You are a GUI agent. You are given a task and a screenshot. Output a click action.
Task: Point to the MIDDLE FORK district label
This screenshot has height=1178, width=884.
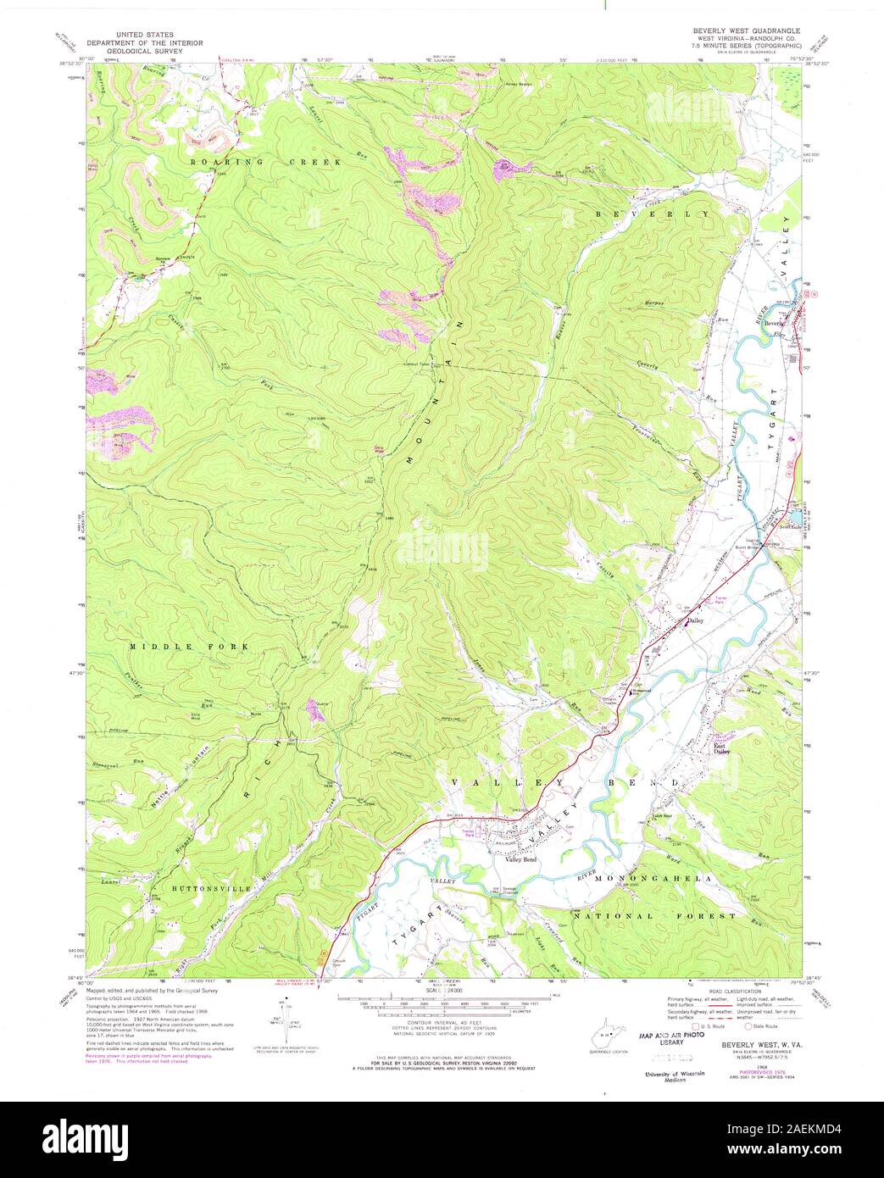click(189, 647)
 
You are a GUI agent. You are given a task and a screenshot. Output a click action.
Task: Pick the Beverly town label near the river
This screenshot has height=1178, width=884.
click(774, 324)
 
